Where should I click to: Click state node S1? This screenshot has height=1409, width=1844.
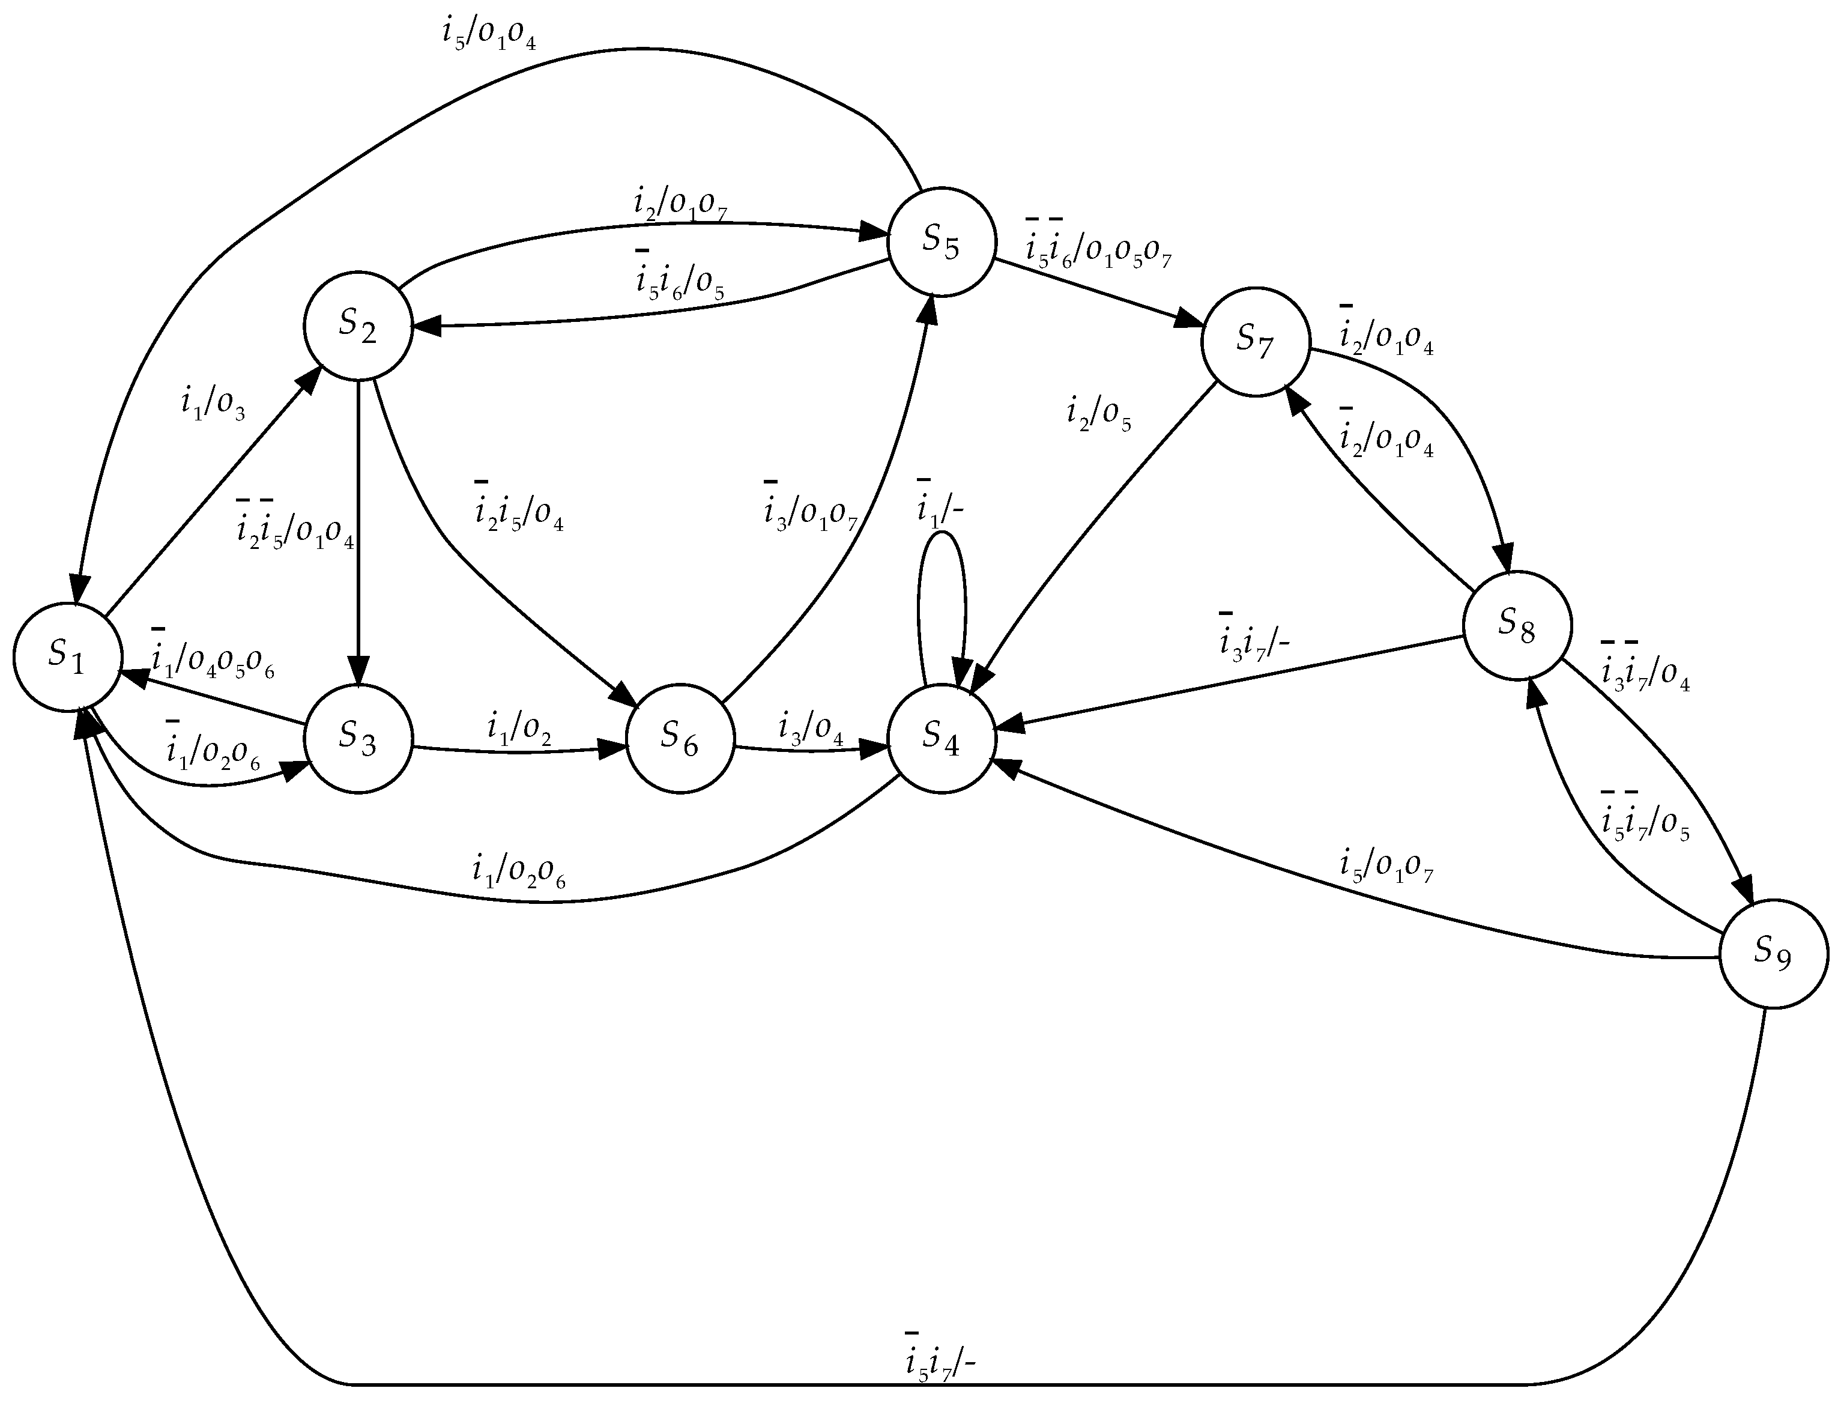(67, 658)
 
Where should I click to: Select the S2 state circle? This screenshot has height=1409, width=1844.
(358, 326)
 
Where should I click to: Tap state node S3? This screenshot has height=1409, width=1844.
(358, 738)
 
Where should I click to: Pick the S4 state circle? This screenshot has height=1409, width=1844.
(941, 738)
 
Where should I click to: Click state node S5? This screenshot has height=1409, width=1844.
(941, 241)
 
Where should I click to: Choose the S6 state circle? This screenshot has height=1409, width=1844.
(680, 738)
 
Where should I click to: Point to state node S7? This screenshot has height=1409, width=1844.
(1256, 341)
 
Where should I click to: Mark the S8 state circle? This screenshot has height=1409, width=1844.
(1517, 626)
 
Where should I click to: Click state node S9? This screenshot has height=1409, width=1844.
(1774, 954)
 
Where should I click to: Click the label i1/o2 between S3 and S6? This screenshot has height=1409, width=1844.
(519, 728)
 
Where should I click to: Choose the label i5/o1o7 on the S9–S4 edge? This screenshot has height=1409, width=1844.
(1386, 867)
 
